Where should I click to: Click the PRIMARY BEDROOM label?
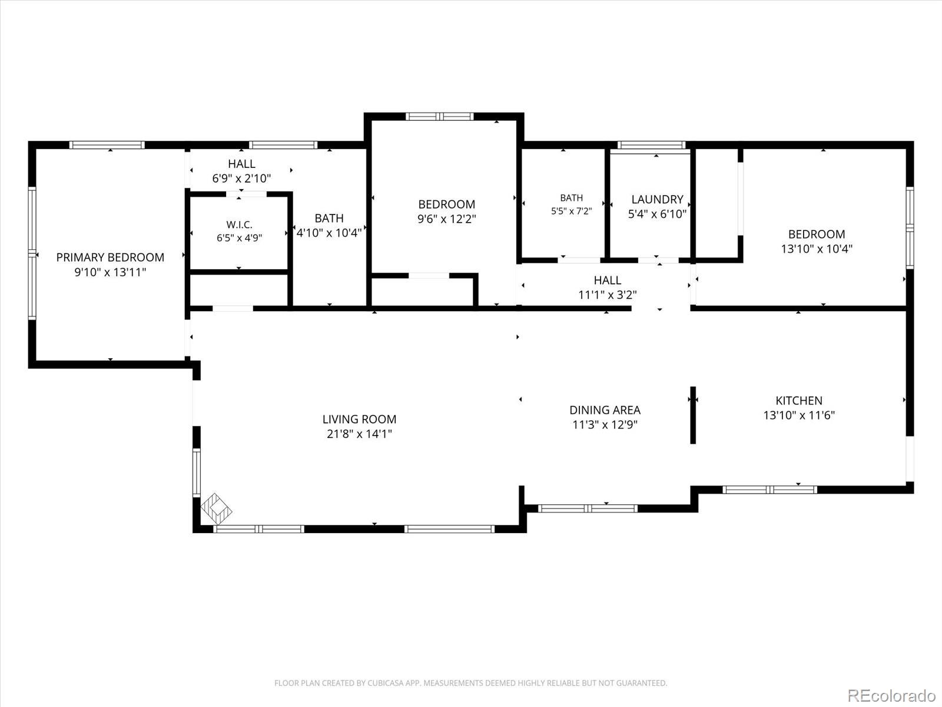click(x=110, y=257)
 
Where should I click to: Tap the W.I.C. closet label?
click(x=239, y=224)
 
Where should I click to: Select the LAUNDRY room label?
click(x=657, y=199)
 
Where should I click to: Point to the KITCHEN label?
click(x=799, y=401)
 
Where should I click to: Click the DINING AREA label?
click(x=605, y=410)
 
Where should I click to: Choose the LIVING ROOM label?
click(x=359, y=419)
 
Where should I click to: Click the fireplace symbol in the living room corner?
click(x=216, y=508)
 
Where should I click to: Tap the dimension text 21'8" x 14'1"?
click(x=359, y=434)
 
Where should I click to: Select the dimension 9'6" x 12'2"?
click(x=446, y=219)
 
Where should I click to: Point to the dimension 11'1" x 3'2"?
click(x=607, y=295)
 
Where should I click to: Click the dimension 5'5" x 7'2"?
click(x=571, y=211)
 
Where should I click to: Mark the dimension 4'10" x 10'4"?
click(x=329, y=233)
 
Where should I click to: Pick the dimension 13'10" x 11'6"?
click(x=799, y=415)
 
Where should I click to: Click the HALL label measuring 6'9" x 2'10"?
click(x=241, y=164)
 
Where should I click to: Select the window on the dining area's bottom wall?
click(x=588, y=508)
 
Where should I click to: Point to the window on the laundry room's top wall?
click(x=651, y=145)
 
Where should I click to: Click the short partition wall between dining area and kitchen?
click(x=692, y=415)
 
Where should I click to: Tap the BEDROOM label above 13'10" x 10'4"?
click(x=816, y=234)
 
